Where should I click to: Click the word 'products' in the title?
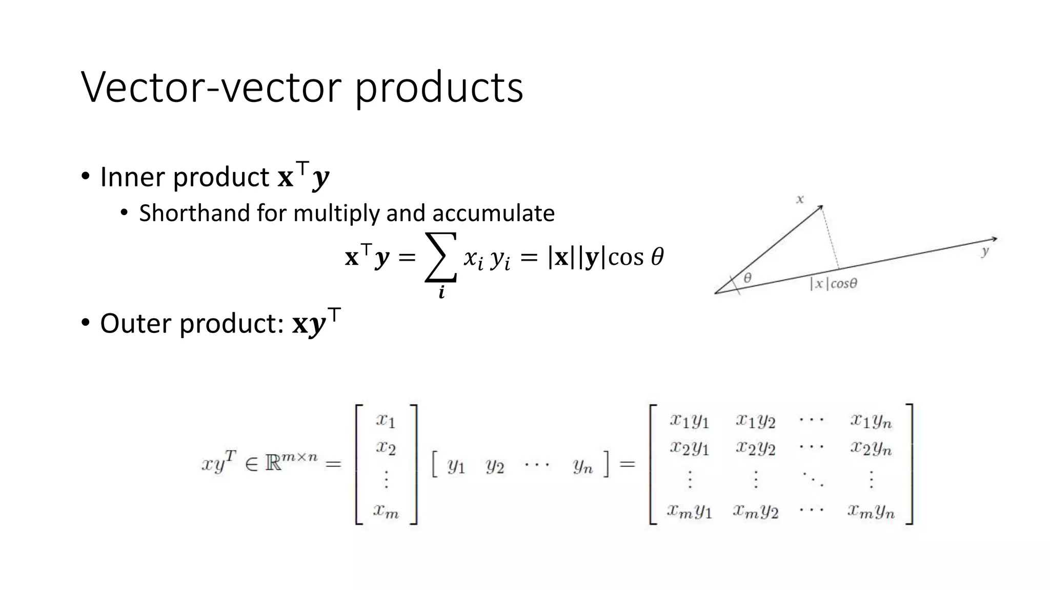pos(438,88)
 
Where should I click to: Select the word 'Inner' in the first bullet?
pos(133,177)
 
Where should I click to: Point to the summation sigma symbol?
pos(441,257)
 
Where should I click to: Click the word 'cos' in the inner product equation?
pos(625,257)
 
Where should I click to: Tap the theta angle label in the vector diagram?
pos(748,278)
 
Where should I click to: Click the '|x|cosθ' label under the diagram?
pos(833,283)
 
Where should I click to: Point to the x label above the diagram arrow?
pos(800,199)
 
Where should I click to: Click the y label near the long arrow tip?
pos(985,251)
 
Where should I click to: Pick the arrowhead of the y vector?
pos(994,239)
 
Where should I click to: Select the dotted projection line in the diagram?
pos(831,238)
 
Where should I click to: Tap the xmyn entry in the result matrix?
pos(871,511)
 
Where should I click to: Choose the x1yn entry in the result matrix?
pos(871,421)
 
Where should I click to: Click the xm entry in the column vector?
pos(386,511)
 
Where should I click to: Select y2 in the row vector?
pos(495,466)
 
